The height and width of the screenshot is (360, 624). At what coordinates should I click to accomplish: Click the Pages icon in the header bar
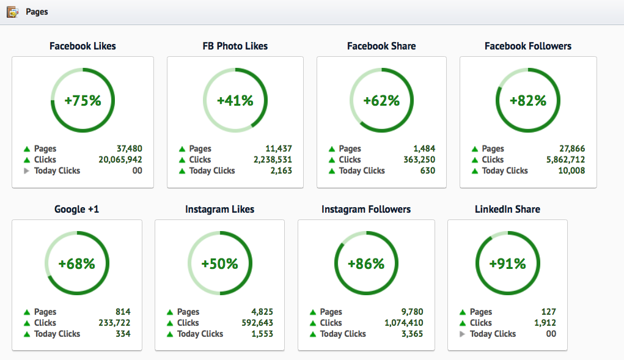click(12, 12)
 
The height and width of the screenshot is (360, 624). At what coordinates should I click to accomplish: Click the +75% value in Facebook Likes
click(83, 101)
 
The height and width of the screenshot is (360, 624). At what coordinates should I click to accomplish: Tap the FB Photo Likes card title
click(235, 46)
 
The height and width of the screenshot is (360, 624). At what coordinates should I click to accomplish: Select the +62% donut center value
click(381, 101)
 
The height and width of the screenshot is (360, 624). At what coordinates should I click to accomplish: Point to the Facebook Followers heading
click(528, 46)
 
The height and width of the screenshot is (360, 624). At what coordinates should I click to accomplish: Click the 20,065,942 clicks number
click(120, 160)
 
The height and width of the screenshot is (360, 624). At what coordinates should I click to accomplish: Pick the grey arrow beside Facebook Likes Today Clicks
click(26, 171)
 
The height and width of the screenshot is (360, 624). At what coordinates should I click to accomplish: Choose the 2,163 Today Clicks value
click(281, 171)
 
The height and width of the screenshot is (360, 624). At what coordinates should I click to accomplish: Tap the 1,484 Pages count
click(424, 149)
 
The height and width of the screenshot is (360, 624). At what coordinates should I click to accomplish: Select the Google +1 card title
click(76, 209)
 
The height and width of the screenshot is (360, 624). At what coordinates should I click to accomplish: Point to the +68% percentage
click(76, 264)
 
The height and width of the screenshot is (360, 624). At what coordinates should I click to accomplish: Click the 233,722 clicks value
click(114, 323)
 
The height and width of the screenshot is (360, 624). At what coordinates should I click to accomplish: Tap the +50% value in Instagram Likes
click(219, 264)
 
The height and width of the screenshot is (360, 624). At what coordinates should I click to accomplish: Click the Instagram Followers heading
click(366, 209)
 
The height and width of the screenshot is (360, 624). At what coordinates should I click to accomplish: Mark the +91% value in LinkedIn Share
click(507, 264)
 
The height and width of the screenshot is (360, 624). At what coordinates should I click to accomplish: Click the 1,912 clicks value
click(543, 323)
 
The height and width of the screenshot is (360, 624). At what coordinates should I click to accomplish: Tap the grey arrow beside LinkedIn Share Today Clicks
click(462, 334)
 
